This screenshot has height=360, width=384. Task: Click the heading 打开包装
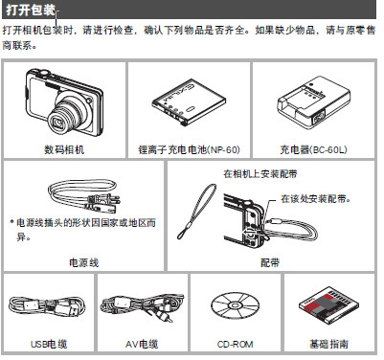(31, 10)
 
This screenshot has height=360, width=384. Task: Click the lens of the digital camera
(60, 121)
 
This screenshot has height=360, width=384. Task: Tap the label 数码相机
(64, 149)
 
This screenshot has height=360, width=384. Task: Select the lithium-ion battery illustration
(189, 102)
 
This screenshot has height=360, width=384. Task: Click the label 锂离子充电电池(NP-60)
(189, 149)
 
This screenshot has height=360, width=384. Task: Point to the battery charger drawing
(313, 101)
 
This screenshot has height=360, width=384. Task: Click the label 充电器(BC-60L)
(313, 149)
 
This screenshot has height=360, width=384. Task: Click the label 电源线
(83, 262)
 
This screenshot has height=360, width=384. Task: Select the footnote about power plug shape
(83, 229)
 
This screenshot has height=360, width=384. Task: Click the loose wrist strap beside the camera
(197, 211)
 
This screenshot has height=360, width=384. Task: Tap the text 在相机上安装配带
(260, 173)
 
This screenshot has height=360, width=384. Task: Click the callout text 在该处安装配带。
(316, 198)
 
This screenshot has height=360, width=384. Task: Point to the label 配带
(270, 262)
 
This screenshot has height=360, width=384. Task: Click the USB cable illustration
(47, 306)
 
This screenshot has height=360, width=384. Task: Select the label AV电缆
(142, 344)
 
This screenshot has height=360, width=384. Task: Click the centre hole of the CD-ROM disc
(236, 304)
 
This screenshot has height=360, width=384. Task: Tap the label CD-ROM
(236, 344)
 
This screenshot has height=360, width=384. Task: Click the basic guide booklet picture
(328, 305)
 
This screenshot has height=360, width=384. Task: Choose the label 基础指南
(328, 344)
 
